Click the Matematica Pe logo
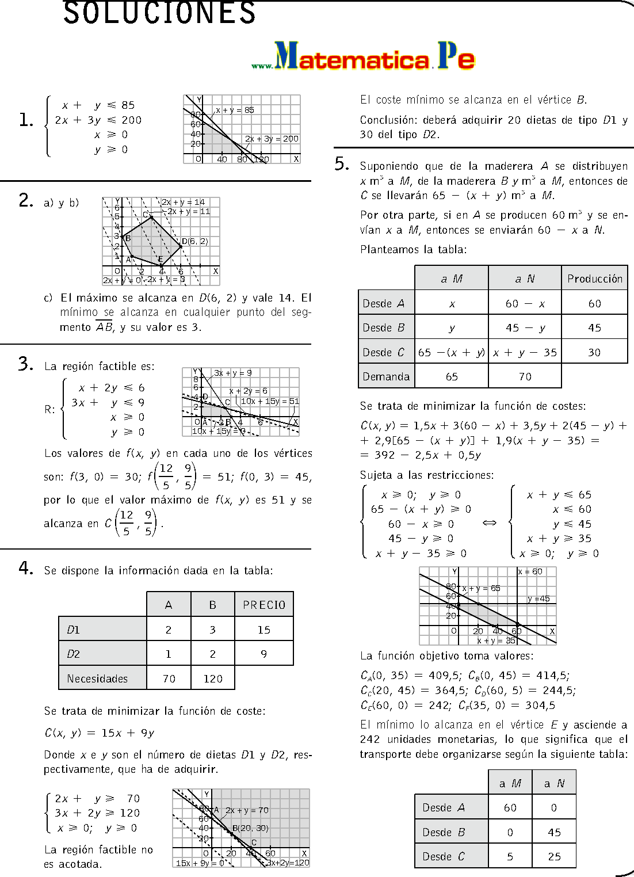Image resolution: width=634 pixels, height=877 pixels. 364,57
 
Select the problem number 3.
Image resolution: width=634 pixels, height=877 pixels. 26,364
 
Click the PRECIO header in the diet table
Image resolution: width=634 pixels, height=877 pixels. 264,605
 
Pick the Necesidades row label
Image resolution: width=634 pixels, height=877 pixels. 97,678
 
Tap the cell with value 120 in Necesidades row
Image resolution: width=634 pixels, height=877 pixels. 213,678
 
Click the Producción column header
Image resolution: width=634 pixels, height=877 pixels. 594,279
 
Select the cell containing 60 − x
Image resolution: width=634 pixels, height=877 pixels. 525,303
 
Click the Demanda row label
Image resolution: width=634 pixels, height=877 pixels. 386,376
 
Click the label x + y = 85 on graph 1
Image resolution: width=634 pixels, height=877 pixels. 235,110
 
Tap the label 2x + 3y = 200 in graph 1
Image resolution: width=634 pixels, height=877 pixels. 272,139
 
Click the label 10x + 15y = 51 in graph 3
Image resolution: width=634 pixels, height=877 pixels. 270,401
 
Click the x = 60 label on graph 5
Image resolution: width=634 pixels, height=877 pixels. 530,571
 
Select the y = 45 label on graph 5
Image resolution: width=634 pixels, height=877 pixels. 539,598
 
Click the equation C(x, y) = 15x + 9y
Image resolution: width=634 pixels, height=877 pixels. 100,733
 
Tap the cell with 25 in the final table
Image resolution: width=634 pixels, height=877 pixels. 554,856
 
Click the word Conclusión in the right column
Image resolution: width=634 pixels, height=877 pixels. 388,120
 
